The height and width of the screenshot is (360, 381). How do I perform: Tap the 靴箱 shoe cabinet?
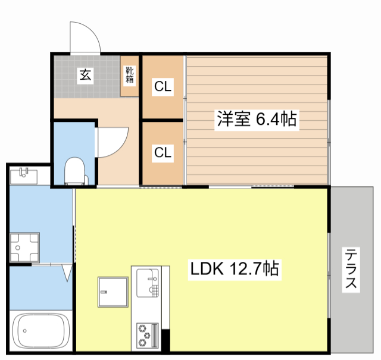pyautogui.click(x=129, y=76)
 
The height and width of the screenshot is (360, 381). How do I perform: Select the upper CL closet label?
pyautogui.click(x=163, y=87)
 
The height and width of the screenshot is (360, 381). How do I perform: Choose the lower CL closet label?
pyautogui.click(x=163, y=152)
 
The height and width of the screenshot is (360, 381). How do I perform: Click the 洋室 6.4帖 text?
pyautogui.click(x=256, y=120)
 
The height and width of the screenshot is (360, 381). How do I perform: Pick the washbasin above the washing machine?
pyautogui.click(x=25, y=176)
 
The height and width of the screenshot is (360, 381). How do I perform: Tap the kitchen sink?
pyautogui.click(x=146, y=282)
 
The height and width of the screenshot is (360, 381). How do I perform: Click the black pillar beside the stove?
pyautogui.click(x=165, y=336)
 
